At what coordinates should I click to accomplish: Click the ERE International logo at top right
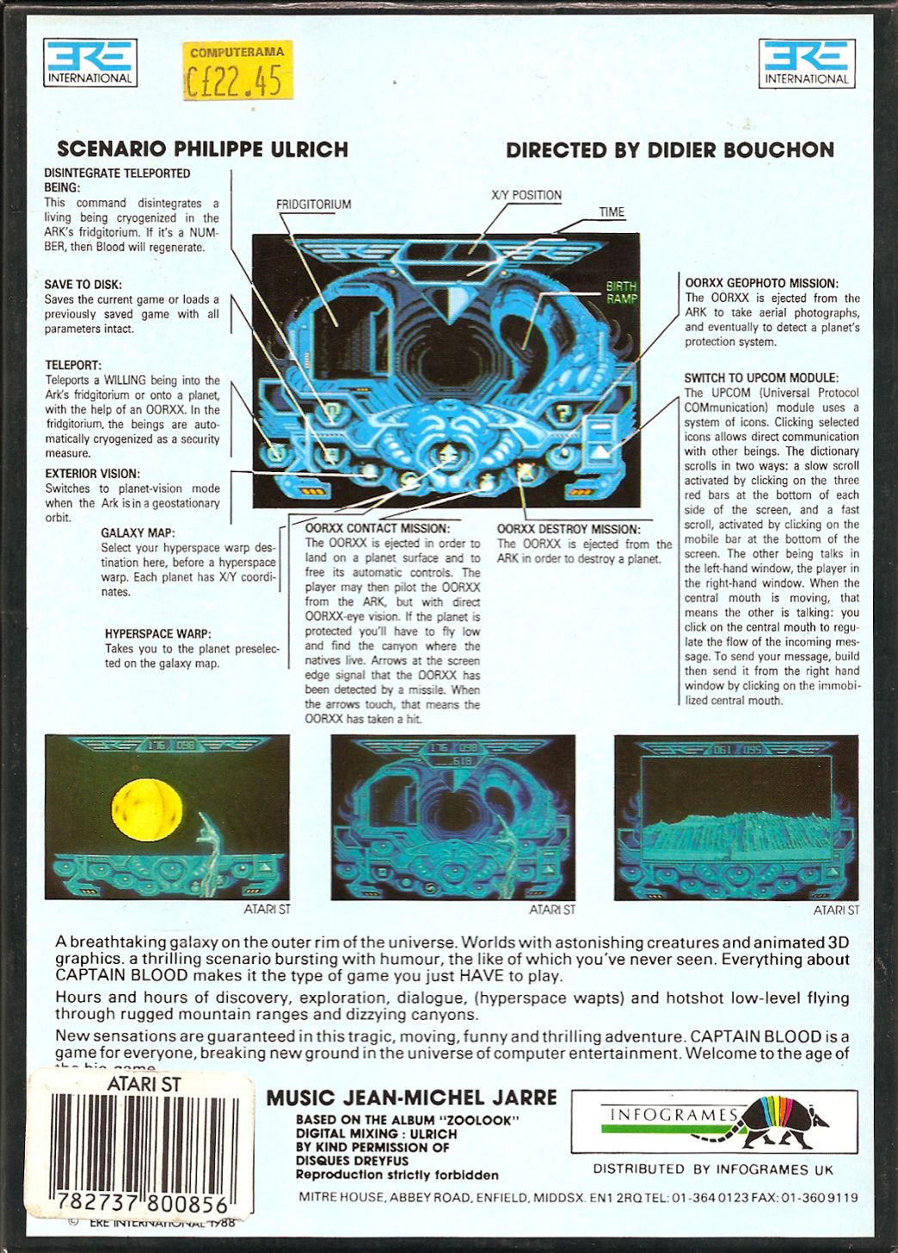point(806,63)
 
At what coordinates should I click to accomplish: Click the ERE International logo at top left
point(89,63)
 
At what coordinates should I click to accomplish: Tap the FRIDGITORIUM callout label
point(313,205)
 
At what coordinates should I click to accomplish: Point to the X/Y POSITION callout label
point(526,195)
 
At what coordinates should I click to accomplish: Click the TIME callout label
point(612,212)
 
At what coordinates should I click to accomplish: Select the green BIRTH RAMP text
point(621,292)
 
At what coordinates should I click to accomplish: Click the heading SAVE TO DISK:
point(83,285)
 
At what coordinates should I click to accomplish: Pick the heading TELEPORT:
point(73,365)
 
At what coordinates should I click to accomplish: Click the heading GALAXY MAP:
point(138,532)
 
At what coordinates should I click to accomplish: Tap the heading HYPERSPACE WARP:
point(157,634)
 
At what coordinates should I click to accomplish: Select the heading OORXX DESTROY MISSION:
point(568,529)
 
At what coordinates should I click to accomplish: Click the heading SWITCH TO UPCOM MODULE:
point(760,378)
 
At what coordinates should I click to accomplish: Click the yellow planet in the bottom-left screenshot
point(147,808)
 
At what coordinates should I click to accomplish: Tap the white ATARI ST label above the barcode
point(143,1084)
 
